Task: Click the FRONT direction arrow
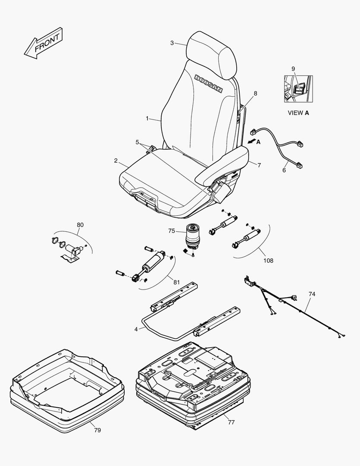[x=43, y=43]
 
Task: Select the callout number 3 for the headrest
[x=172, y=43]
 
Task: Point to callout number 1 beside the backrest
[x=147, y=118]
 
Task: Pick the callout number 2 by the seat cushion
[x=116, y=161]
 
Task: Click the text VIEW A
[x=298, y=113]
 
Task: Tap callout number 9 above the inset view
[x=293, y=69]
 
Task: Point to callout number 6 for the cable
[x=284, y=170]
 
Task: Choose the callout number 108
[x=268, y=261]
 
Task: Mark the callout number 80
[x=80, y=225]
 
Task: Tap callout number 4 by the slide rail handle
[x=136, y=329]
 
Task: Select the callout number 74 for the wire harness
[x=312, y=294]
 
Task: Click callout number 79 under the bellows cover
[x=97, y=430]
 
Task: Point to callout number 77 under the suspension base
[x=231, y=422]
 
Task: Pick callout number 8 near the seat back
[x=255, y=93]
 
